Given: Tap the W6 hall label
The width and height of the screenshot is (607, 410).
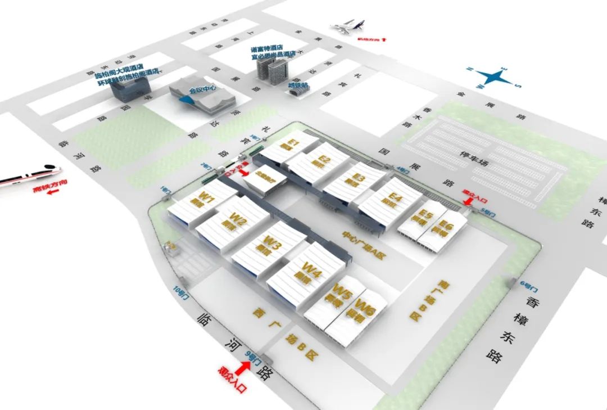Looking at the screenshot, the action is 366,308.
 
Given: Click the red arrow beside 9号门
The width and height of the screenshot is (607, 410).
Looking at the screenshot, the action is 243,369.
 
